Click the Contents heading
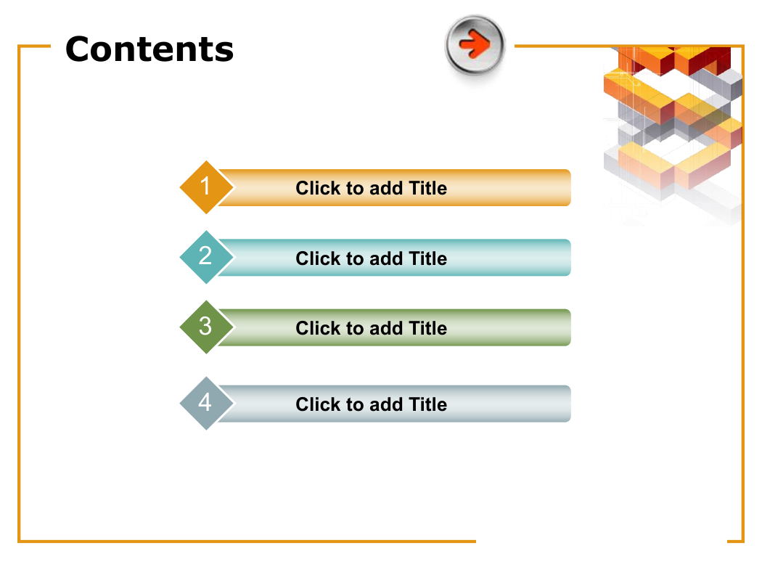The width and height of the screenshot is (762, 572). (x=149, y=49)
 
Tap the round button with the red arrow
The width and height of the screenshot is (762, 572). (x=475, y=45)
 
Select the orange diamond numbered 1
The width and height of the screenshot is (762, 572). (x=207, y=187)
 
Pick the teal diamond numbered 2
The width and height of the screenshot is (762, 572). (x=207, y=257)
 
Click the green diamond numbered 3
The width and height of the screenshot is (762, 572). (x=207, y=327)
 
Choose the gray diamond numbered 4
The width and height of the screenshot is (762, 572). (x=207, y=404)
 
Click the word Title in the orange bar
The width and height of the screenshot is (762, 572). (x=427, y=188)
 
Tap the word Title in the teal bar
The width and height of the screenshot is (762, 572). (x=427, y=258)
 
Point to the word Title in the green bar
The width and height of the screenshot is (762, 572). (x=427, y=328)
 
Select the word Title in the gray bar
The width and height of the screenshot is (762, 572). (x=427, y=404)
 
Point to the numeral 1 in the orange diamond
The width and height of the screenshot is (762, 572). (x=205, y=186)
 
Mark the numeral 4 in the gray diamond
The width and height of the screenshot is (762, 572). (x=205, y=402)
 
